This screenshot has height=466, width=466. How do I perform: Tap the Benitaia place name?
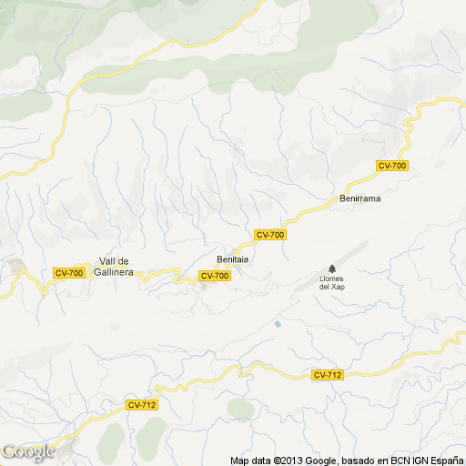(x=233, y=258)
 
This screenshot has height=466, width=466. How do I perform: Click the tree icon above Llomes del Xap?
(x=331, y=268)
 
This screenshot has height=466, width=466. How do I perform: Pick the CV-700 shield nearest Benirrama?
(x=392, y=165)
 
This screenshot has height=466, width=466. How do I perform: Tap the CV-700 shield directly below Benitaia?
(x=215, y=276)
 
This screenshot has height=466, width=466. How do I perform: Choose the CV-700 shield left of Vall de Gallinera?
(x=69, y=273)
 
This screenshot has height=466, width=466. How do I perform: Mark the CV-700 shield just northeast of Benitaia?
(x=270, y=235)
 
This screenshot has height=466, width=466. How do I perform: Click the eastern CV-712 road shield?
(x=328, y=375)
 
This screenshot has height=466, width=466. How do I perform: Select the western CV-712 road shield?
(x=141, y=405)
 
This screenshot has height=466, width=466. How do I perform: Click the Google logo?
(x=27, y=451)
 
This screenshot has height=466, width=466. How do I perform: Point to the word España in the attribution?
(x=445, y=460)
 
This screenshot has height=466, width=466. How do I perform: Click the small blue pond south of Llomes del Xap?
(x=278, y=323)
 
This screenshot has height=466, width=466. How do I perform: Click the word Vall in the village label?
(x=109, y=261)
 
